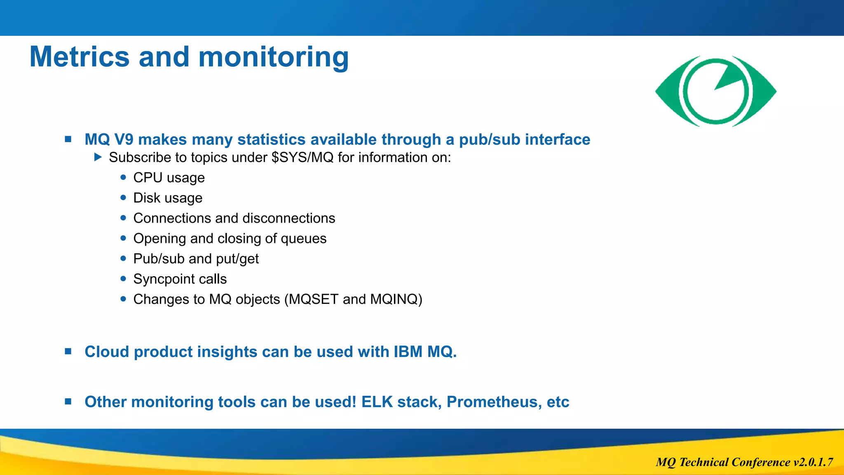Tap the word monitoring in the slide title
(274, 57)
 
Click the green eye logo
(716, 91)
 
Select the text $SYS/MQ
(302, 158)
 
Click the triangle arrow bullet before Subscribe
(98, 157)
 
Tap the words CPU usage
(169, 178)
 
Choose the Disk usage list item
(168, 198)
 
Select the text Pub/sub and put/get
(196, 259)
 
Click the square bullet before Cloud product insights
(68, 351)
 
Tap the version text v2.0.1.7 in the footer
(813, 462)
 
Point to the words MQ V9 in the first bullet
(109, 139)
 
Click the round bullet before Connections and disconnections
(123, 218)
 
